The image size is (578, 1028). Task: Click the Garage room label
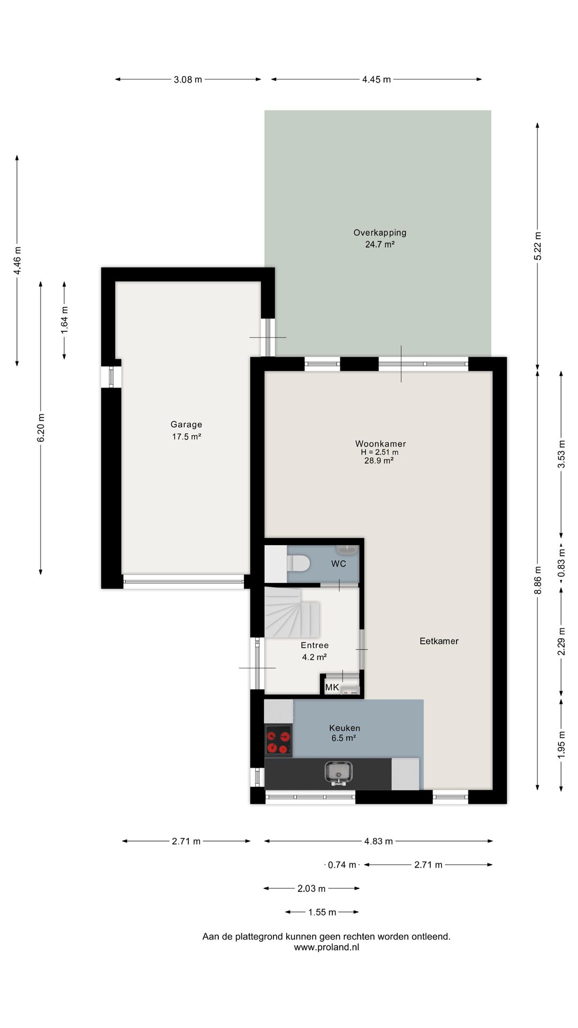coord(186,425)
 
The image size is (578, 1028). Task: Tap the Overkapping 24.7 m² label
coord(379,238)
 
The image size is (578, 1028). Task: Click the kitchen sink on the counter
coord(338,772)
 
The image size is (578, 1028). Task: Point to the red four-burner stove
coord(278,740)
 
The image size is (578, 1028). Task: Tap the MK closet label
coord(332,687)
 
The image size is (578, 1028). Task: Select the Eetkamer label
coord(439,641)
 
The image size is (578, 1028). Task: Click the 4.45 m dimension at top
coord(376,79)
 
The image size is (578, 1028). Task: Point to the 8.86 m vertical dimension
coord(538,580)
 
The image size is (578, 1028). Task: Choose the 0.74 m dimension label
coord(342,865)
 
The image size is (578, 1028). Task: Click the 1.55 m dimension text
coord(322,912)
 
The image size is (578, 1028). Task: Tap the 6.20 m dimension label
coord(41,428)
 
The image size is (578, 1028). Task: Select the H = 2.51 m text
coord(379,452)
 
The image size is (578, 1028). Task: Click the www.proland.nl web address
coord(326,947)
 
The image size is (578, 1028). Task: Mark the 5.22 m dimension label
coord(538,246)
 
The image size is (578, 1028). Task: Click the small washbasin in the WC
coord(347,549)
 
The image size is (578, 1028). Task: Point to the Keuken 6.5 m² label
coord(344,732)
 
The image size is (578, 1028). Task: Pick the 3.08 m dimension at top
coord(188,79)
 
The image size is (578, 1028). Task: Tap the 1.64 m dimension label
coord(64,320)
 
